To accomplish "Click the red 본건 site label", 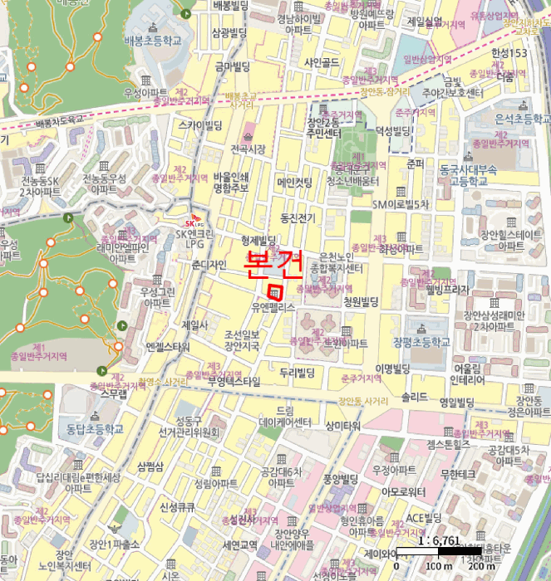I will (x=272, y=265).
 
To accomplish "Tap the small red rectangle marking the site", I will (x=276, y=291).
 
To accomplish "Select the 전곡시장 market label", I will (x=248, y=149).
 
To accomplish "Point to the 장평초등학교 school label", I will (x=421, y=341).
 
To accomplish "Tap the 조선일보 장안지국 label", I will (x=247, y=339).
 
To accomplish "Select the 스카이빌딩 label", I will (x=200, y=125).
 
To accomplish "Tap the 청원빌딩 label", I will (x=361, y=301).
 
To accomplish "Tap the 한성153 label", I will (x=509, y=53).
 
